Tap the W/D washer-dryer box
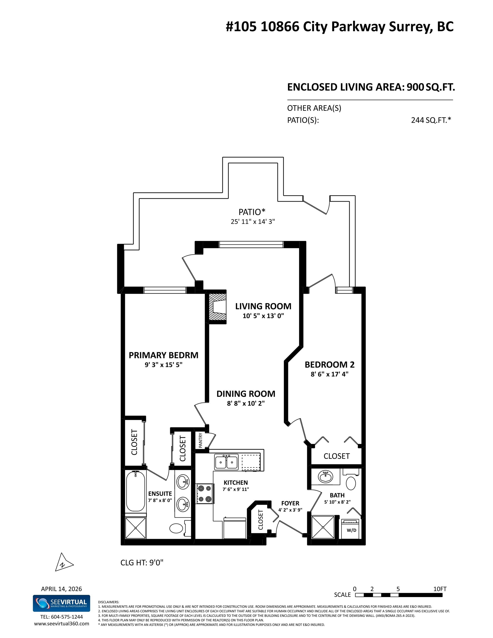(x=351, y=529)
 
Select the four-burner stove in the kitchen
(x=205, y=494)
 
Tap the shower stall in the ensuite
(x=136, y=528)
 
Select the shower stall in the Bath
(x=323, y=527)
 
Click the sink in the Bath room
(x=325, y=477)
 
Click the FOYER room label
(x=290, y=503)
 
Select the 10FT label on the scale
(x=440, y=589)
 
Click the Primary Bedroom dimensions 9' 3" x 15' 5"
(x=163, y=365)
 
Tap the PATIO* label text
(x=252, y=212)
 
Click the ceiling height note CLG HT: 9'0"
(x=142, y=563)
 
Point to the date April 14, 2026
(x=61, y=589)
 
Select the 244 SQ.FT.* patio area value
(x=431, y=120)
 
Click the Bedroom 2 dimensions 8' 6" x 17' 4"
(x=329, y=374)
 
